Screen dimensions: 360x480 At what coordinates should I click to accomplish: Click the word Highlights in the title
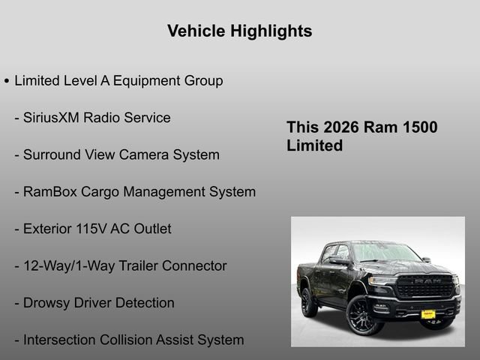click(x=273, y=31)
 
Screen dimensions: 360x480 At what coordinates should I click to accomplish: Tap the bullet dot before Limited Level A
click(x=7, y=81)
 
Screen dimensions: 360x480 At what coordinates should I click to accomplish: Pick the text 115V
click(x=94, y=229)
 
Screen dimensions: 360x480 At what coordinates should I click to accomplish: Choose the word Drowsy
click(x=48, y=303)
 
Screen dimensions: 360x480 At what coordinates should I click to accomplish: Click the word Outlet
click(x=152, y=229)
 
